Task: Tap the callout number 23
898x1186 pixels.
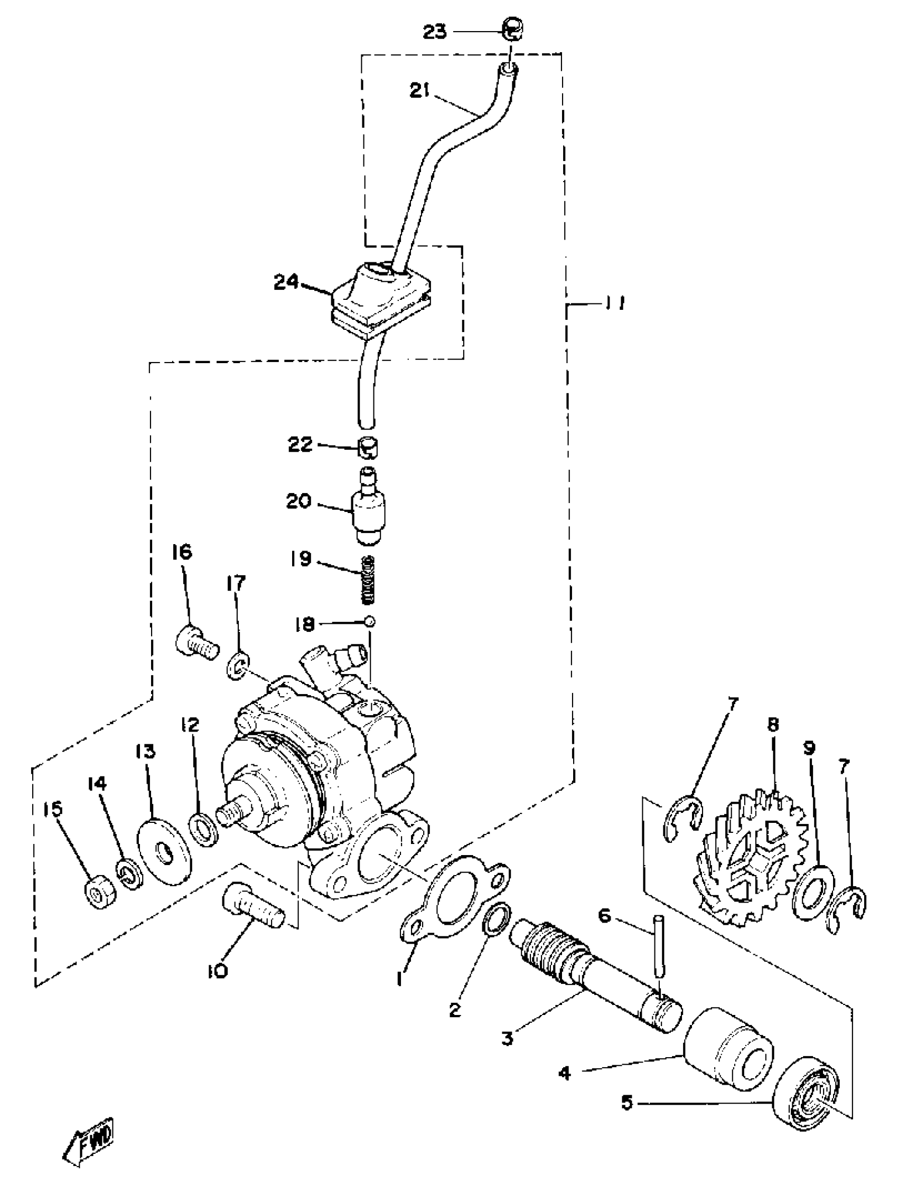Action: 435,32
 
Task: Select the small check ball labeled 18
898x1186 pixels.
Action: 370,621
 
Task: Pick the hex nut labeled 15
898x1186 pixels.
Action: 100,894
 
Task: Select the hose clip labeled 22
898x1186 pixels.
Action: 368,447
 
